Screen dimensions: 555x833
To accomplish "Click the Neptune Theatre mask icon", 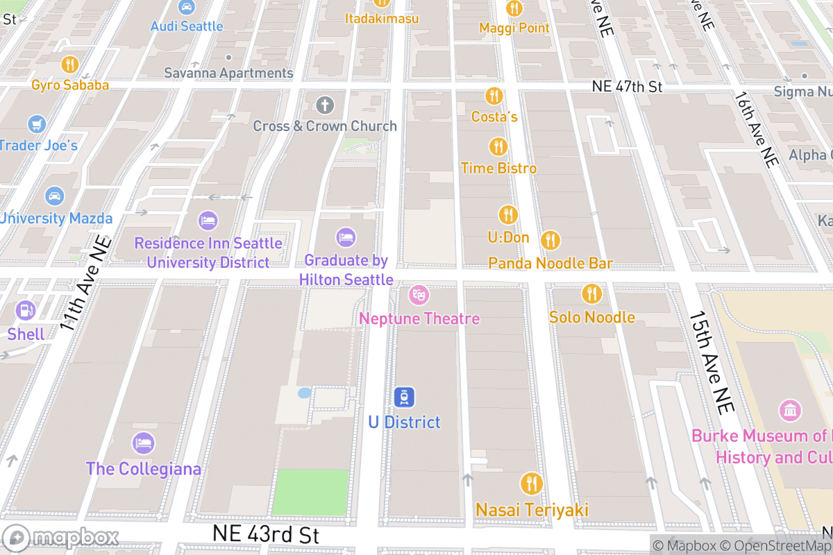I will (x=419, y=295).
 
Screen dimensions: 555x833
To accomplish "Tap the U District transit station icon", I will (x=404, y=398).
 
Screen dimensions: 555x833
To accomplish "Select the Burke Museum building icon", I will (x=790, y=411).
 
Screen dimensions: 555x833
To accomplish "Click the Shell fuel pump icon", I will (x=26, y=310).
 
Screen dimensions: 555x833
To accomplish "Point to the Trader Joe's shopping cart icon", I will (x=37, y=124).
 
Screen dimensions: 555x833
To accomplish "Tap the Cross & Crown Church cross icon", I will (x=324, y=105).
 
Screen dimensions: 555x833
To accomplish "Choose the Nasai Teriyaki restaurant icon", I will (x=532, y=484).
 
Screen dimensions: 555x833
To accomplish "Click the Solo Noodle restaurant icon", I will (x=591, y=293).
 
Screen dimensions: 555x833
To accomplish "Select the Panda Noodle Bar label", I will (x=550, y=264).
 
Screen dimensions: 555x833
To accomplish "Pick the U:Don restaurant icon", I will (x=508, y=214).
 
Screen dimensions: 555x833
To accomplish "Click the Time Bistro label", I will (x=498, y=169).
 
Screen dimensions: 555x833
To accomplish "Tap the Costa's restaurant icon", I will (x=494, y=96).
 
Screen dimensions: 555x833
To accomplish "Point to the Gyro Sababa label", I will (x=70, y=85).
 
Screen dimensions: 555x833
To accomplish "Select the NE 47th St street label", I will (x=628, y=87).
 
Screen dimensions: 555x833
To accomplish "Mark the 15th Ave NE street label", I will (x=711, y=362).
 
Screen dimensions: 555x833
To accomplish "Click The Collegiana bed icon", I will (x=144, y=443).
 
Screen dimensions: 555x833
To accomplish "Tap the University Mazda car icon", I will (x=54, y=196).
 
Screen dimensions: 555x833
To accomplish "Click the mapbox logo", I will (x=61, y=538).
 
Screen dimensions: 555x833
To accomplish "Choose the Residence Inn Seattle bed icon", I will (x=208, y=221).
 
